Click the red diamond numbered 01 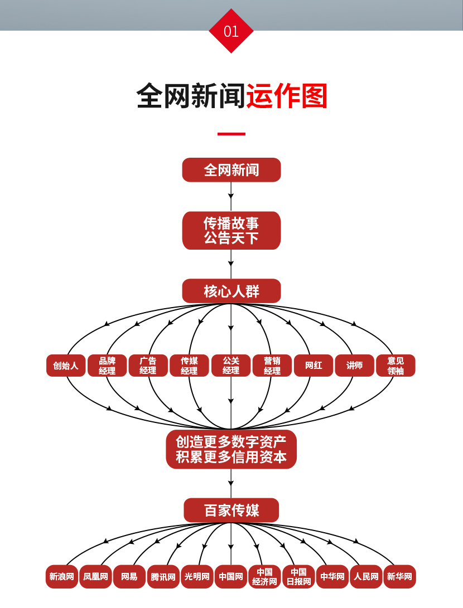231,31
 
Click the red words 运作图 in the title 286,96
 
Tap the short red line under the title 231,134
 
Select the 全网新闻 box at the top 231,170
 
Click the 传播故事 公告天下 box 231,231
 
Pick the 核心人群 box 231,291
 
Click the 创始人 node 66,366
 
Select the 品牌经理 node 107,366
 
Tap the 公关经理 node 231,366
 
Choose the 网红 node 314,366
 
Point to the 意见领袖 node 396,366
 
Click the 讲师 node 354,366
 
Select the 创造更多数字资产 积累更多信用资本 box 231,449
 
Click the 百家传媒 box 231,510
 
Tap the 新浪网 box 61,577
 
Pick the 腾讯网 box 163,577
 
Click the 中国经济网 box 264,577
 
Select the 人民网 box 366,577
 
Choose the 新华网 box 399,577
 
